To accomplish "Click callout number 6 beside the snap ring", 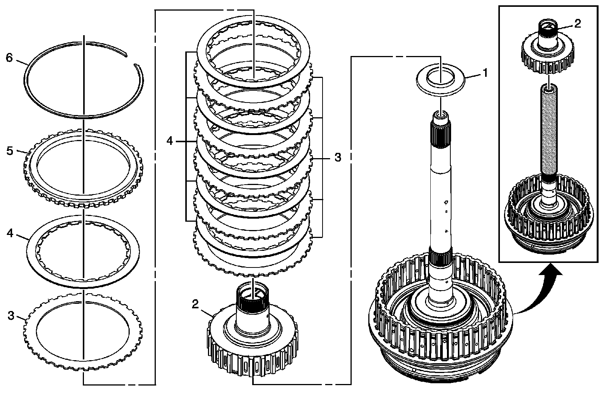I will point(9,58).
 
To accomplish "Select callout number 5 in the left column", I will point(9,151).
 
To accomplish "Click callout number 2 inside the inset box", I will point(577,23).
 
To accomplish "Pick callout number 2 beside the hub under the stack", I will point(195,304).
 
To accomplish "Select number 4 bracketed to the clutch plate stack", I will point(169,141).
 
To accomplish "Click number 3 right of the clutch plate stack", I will point(338,157).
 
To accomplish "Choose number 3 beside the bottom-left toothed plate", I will point(11,316).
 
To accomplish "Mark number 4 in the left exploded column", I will point(9,233).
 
